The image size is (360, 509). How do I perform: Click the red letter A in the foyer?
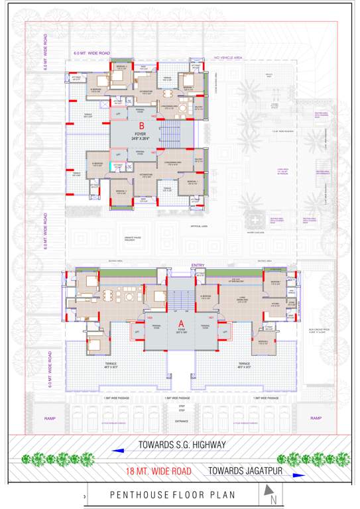click(180, 324)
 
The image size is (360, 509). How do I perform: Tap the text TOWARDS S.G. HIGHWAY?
click(182, 444)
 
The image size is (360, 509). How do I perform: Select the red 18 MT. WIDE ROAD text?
click(158, 471)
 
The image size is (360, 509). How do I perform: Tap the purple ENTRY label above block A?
click(198, 265)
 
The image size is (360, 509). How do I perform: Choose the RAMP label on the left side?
click(50, 418)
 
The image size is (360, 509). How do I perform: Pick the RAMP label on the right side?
click(316, 418)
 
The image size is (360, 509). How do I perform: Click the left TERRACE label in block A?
click(111, 365)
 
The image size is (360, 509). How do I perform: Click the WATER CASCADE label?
click(256, 232)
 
